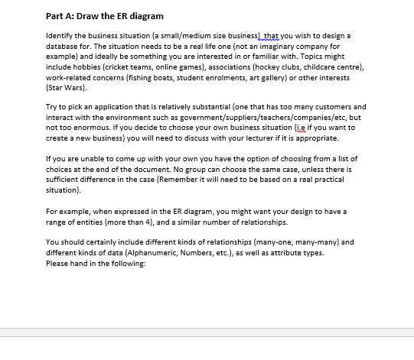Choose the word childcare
click(x=360, y=66)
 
